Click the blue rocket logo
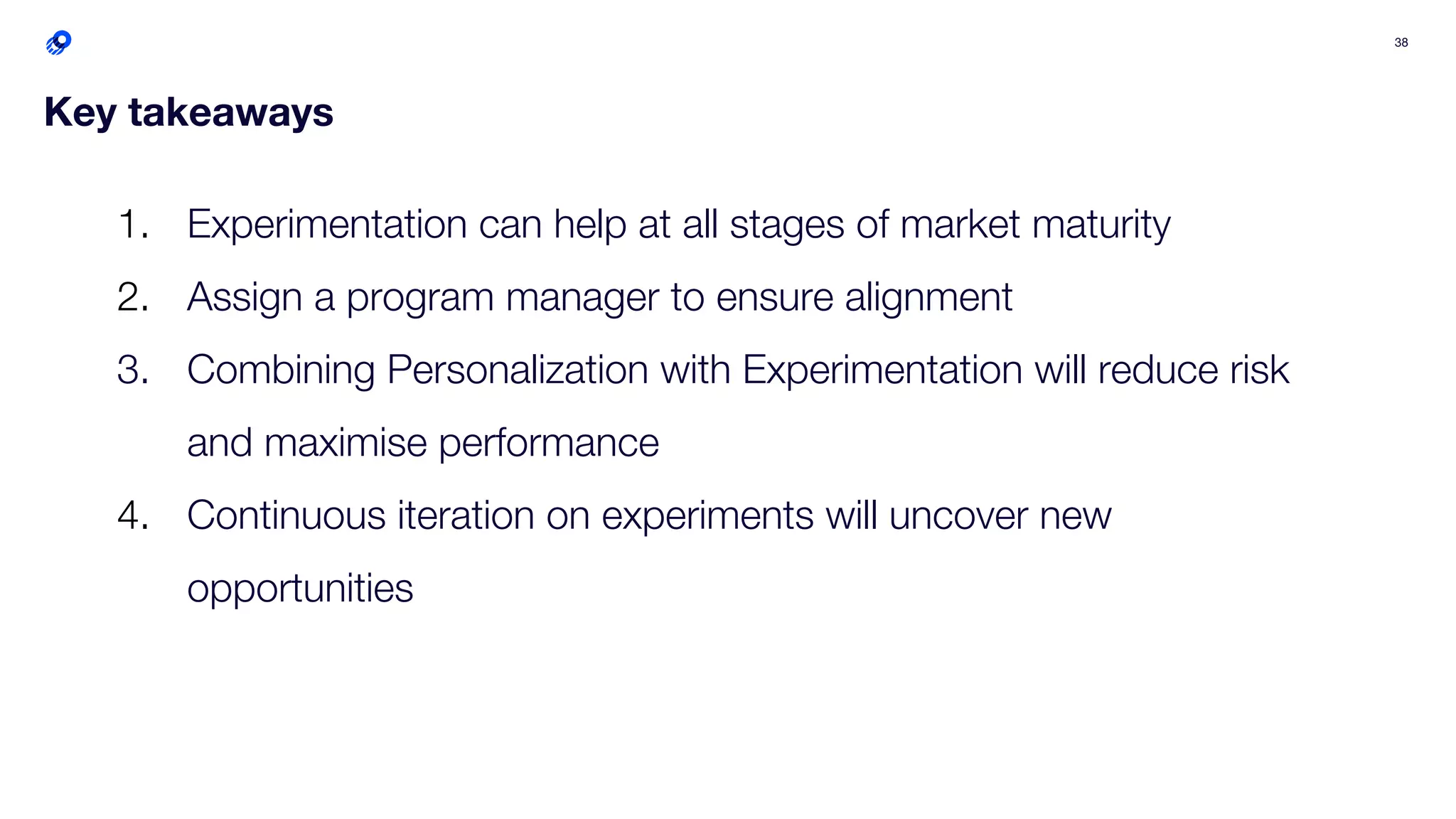click(58, 43)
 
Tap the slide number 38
click(1401, 43)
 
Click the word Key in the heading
click(80, 112)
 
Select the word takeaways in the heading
click(230, 112)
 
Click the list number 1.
click(132, 225)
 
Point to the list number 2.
click(132, 297)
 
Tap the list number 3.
click(132, 370)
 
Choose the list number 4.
click(132, 515)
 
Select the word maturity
click(1101, 225)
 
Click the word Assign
click(245, 297)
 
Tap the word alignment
click(928, 297)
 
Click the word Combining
click(281, 370)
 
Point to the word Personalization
click(518, 370)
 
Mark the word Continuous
click(286, 515)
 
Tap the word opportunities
click(299, 589)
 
